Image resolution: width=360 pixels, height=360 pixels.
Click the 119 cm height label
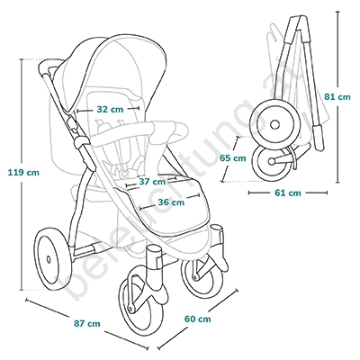click(23, 173)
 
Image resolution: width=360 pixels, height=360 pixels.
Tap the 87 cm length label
click(86, 324)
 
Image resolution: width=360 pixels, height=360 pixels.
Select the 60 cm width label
click(197, 319)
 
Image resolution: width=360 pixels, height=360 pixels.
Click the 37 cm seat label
click(152, 182)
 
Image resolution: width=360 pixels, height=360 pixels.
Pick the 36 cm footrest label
click(171, 202)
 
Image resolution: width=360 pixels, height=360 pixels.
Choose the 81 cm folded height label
click(337, 97)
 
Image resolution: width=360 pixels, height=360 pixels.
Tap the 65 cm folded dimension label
click(232, 157)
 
